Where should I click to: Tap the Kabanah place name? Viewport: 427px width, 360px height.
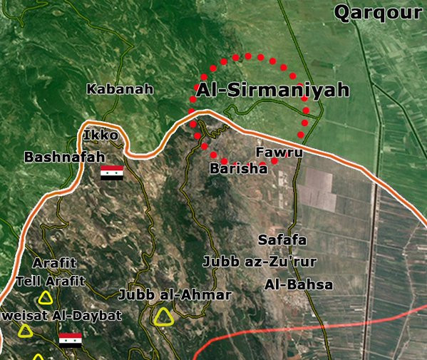click(x=120, y=89)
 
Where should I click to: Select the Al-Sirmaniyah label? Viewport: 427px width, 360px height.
click(x=272, y=91)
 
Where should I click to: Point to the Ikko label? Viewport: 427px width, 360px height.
click(x=96, y=135)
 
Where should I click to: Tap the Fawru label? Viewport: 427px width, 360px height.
click(x=279, y=153)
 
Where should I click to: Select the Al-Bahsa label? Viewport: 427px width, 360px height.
click(x=299, y=284)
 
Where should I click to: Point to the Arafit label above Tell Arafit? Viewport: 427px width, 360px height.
click(x=54, y=263)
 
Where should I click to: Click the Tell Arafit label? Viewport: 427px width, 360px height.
click(x=50, y=281)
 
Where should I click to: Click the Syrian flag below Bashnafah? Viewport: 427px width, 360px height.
click(x=111, y=172)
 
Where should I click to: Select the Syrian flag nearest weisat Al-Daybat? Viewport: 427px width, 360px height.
click(x=70, y=339)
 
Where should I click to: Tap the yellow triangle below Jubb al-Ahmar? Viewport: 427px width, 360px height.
click(x=165, y=317)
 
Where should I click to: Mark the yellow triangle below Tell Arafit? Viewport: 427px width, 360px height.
click(x=46, y=298)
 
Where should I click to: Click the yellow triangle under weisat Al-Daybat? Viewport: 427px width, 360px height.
click(x=26, y=331)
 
